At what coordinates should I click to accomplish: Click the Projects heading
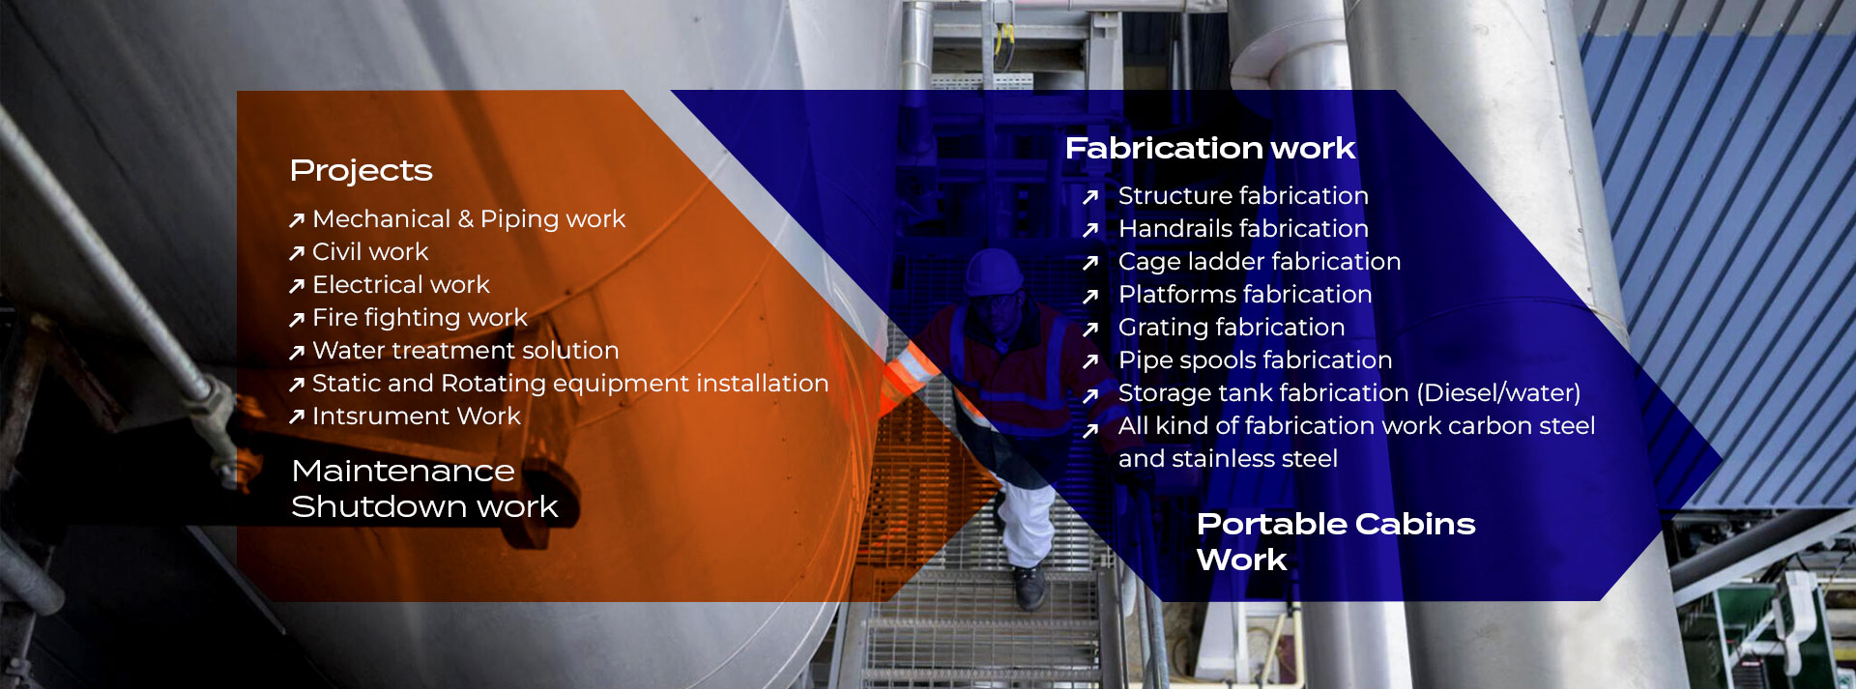tap(361, 171)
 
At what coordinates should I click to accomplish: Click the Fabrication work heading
tap(1210, 148)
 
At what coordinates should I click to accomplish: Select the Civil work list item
tap(370, 252)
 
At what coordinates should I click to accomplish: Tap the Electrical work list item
tap(401, 285)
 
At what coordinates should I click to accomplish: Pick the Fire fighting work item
tap(420, 318)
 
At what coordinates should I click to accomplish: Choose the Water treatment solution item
tap(465, 351)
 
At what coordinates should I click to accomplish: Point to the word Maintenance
tap(403, 471)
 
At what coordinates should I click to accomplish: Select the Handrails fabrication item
tap(1243, 229)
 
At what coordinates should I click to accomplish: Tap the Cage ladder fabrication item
tap(1260, 262)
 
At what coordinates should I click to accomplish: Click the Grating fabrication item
tap(1232, 328)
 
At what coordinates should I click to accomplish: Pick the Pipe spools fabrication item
tap(1255, 360)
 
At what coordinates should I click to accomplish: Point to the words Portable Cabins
tap(1336, 524)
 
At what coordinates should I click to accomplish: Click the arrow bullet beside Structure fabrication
tap(1090, 197)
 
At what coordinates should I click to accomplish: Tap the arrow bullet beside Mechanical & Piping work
tap(297, 220)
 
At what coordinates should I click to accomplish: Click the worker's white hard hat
tap(994, 272)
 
